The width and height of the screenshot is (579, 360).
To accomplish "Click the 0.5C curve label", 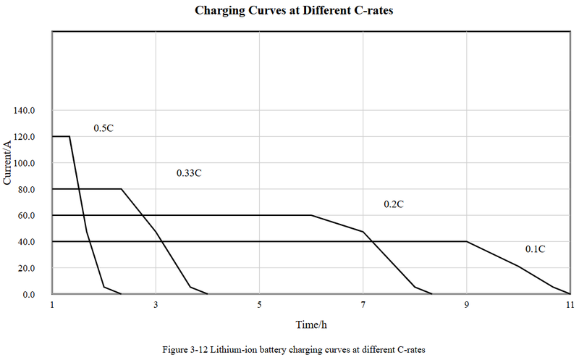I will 103,128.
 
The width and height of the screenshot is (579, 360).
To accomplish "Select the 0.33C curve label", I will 189,174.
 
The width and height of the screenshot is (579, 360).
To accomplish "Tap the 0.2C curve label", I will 393,205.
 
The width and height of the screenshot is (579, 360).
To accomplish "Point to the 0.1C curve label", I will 535,249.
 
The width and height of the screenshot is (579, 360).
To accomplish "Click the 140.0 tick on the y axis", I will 25,111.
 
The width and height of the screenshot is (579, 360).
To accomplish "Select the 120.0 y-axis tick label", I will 25,137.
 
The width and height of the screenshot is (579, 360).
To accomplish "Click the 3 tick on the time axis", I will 156,304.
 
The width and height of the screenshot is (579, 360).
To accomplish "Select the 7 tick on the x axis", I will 363,304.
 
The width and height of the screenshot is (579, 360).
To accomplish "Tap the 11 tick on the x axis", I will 570,304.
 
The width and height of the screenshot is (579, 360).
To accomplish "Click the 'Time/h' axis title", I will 311,324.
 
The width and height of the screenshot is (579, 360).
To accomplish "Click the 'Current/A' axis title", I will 8,163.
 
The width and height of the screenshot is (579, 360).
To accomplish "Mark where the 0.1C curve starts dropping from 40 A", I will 467,241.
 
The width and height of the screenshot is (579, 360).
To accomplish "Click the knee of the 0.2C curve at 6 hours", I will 311,215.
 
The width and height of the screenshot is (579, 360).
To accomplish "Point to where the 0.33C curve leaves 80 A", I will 121,189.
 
